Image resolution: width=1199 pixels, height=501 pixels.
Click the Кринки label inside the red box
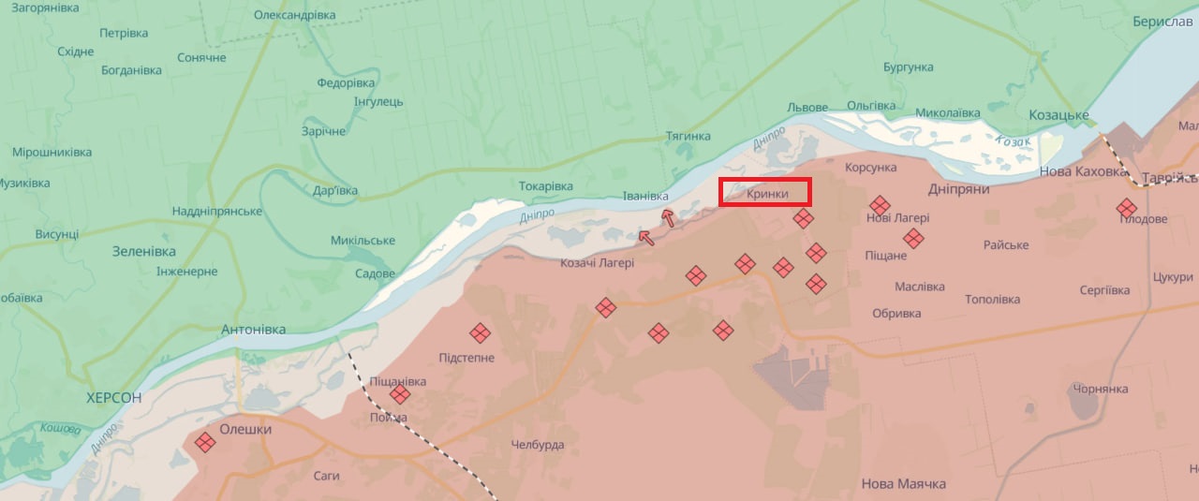pos(767,194)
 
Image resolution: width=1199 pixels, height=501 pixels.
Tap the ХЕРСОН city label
pos(113,398)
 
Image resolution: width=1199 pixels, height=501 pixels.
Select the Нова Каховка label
pos(1084,172)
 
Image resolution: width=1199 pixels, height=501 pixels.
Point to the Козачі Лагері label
pos(597,263)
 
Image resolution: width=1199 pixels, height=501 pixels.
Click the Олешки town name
pos(245,429)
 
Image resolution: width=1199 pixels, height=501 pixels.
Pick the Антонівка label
pos(253,330)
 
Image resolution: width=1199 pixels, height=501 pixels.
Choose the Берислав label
pos(1162,22)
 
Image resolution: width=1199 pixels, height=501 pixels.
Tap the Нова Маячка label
pos(903,484)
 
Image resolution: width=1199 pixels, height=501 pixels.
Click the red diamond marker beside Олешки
pos(205,442)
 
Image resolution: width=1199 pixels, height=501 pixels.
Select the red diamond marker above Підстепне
pos(480,332)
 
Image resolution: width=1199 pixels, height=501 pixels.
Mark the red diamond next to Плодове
pos(1127,208)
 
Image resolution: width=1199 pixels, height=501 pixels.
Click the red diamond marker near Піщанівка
pos(400,394)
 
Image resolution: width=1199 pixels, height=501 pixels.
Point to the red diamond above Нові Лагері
pos(879,205)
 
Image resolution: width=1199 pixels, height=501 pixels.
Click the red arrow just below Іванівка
pos(668,217)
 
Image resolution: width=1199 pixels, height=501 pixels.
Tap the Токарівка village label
pos(546,186)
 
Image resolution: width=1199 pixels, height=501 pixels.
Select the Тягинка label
pos(688,137)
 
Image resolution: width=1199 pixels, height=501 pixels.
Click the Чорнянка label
pos(1101,389)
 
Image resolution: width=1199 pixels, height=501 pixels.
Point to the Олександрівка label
pos(295,15)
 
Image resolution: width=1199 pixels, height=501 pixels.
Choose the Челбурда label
pos(538,445)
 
